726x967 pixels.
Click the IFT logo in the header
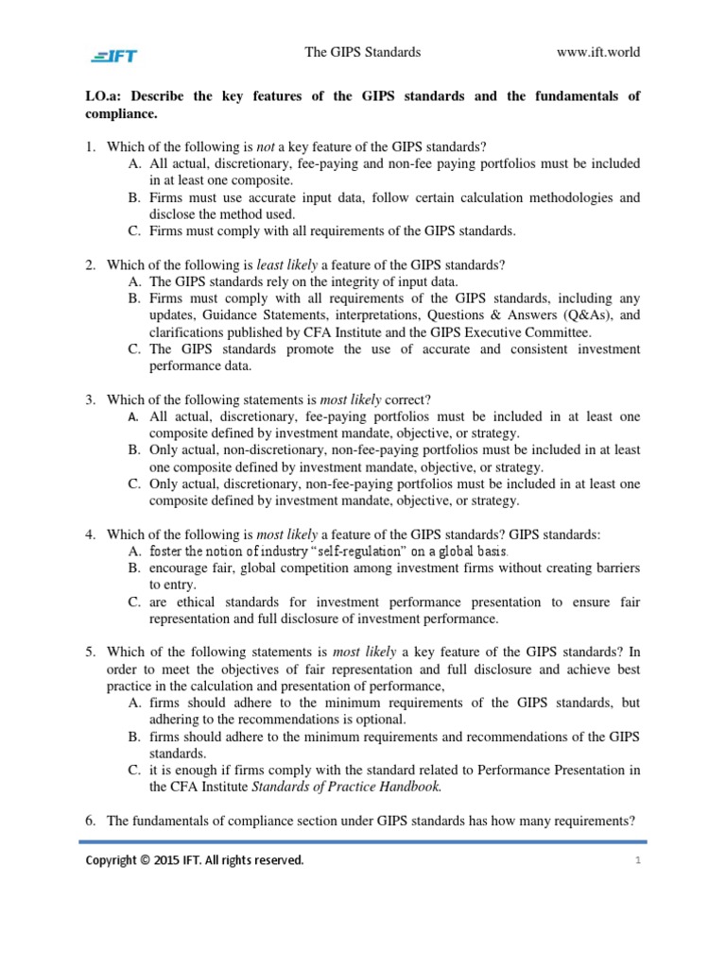point(114,54)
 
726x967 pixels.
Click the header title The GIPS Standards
point(362,52)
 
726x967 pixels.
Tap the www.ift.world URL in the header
point(599,52)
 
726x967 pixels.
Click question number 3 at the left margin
point(91,399)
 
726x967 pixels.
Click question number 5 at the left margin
point(91,653)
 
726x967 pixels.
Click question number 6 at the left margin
point(91,821)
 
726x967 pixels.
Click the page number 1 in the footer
point(638,860)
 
